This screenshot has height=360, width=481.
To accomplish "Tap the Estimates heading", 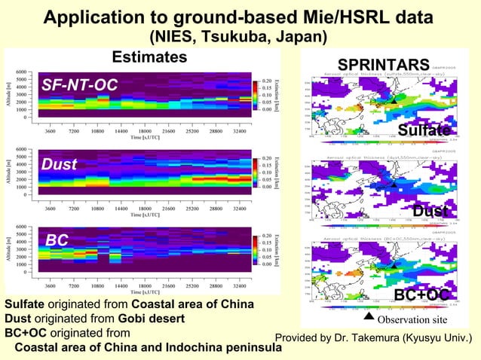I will (x=149, y=57).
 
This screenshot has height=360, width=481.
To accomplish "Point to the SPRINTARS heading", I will (x=383, y=63).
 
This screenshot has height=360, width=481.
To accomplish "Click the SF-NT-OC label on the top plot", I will (x=80, y=85).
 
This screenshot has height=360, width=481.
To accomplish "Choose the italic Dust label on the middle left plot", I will (x=60, y=163).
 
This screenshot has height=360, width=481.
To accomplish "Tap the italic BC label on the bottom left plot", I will (x=57, y=240).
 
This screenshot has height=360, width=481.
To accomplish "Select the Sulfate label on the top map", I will (x=424, y=130).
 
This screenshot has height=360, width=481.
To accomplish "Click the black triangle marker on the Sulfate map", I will (x=393, y=100).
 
